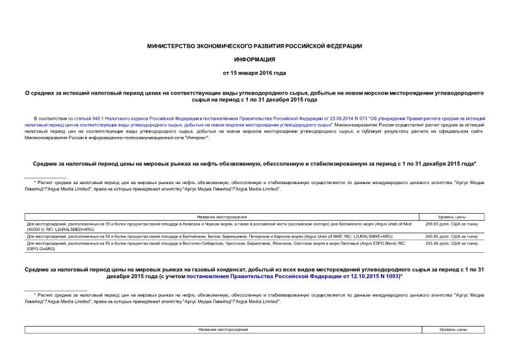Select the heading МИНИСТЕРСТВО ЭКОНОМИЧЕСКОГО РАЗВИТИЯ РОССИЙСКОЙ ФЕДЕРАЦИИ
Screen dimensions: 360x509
point(254,47)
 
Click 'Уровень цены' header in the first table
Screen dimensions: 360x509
point(452,216)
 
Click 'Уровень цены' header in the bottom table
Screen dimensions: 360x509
point(452,330)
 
